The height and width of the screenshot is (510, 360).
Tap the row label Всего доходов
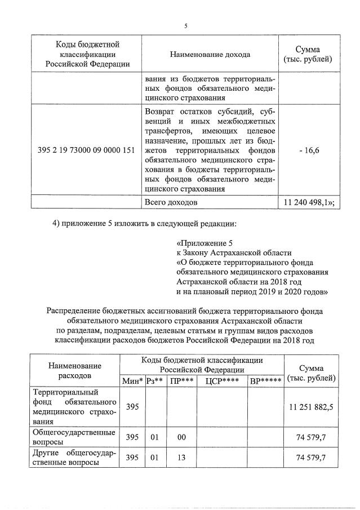[171, 201]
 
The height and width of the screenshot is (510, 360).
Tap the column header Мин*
[132, 380]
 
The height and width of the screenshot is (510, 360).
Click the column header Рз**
[154, 380]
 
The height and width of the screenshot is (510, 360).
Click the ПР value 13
[181, 458]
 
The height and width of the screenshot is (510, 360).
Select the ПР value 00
[181, 437]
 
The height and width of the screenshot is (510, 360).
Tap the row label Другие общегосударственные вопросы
[75, 458]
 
